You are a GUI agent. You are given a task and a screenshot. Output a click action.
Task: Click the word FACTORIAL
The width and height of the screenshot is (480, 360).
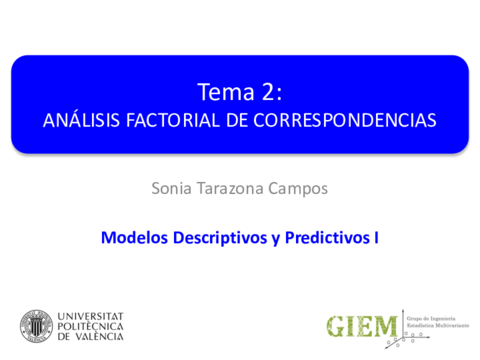pos(171,120)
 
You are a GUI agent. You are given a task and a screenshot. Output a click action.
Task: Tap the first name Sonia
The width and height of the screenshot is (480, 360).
pos(172,187)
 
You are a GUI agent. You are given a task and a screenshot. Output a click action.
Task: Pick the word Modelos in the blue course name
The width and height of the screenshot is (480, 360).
pos(132,238)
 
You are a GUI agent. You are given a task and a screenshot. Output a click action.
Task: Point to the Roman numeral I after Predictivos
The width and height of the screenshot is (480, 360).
pos(375,238)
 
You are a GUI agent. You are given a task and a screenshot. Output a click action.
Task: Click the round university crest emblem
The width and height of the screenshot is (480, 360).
pos(36,326)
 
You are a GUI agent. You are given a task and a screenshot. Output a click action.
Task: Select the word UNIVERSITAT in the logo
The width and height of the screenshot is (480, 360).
pos(93,314)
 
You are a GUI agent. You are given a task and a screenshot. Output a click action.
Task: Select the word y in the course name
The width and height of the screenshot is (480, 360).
pos(272,238)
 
